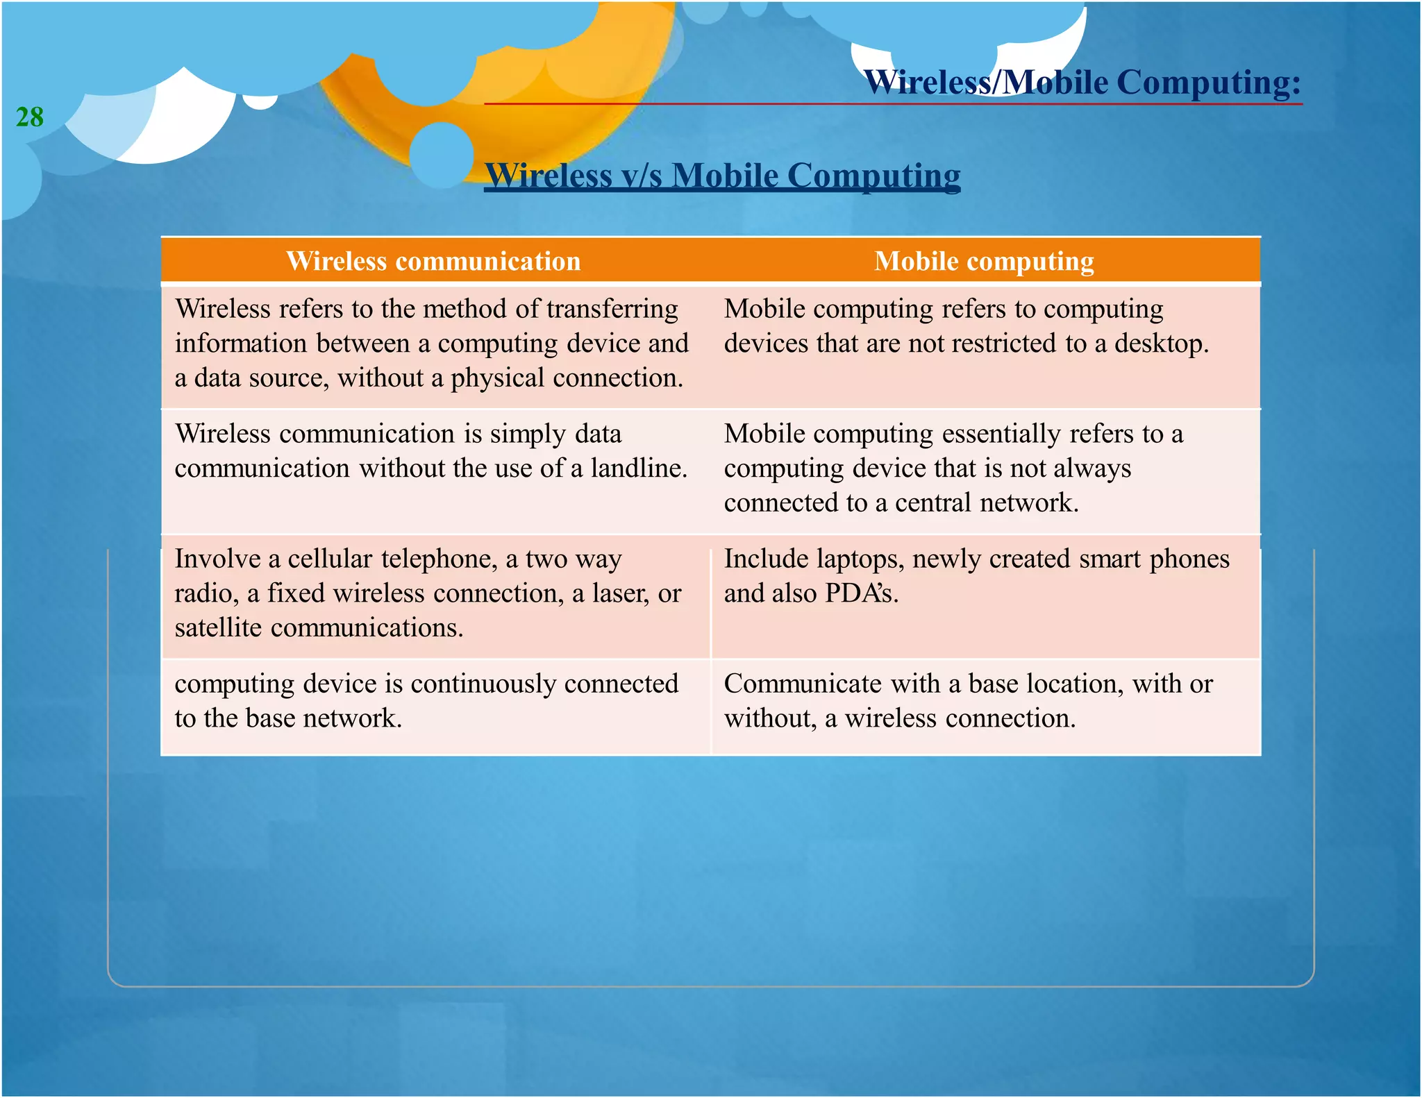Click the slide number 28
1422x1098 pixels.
30,117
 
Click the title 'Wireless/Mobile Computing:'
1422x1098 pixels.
1082,83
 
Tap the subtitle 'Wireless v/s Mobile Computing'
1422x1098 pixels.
722,176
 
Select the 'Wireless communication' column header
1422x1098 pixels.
433,262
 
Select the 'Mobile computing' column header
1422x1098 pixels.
984,262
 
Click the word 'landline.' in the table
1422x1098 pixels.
639,468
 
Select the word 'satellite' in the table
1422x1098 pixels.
218,628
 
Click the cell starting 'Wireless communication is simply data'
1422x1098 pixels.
430,451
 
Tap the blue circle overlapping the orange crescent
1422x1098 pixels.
442,154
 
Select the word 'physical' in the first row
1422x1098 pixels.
497,379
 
